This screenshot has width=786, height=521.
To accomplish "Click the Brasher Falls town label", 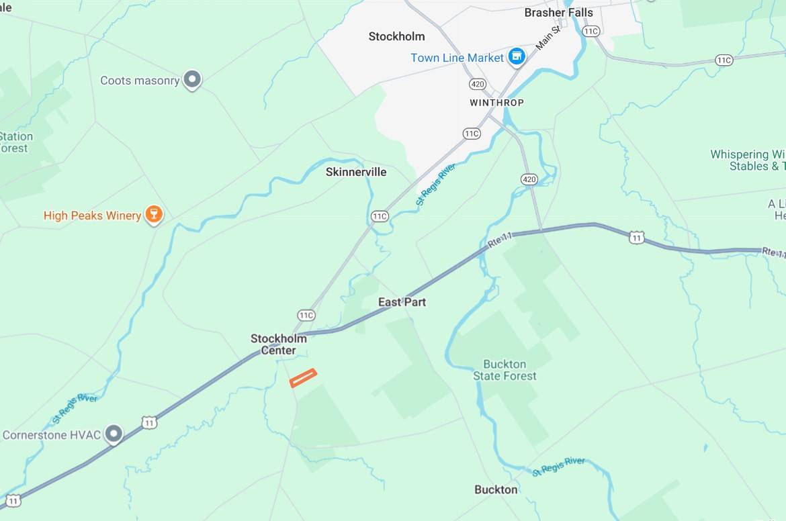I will tap(559, 13).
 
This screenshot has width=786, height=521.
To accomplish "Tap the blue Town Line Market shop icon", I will tap(516, 57).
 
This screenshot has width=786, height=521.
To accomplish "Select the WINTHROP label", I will tap(496, 103).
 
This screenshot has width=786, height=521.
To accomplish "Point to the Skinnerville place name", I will tap(356, 172).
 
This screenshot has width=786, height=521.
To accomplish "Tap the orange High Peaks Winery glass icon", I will tap(154, 214).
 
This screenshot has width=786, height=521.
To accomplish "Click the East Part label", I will tap(402, 302).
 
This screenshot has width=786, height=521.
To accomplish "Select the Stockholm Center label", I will tap(278, 344).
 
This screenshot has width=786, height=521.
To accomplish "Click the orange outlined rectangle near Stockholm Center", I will tap(303, 378).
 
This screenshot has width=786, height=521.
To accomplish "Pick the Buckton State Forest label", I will tap(505, 370).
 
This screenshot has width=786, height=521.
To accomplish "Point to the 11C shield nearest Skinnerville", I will tap(380, 216).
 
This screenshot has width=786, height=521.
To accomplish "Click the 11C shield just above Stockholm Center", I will tap(306, 315).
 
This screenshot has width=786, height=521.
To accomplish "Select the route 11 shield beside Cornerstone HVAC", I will tap(149, 422).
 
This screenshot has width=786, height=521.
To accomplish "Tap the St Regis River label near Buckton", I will tap(559, 467).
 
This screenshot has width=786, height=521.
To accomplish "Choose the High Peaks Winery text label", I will tap(92, 216).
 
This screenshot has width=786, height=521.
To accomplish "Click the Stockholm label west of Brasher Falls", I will tap(396, 36).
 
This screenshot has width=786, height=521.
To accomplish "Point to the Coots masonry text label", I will tap(140, 81).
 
